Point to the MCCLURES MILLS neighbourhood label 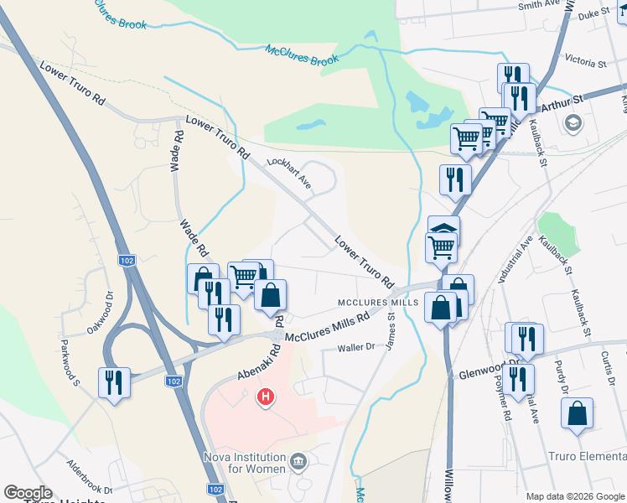[378, 302]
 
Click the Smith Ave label [538, 5]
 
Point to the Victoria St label [585, 63]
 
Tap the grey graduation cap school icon [573, 125]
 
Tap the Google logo [28, 493]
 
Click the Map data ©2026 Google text [575, 495]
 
